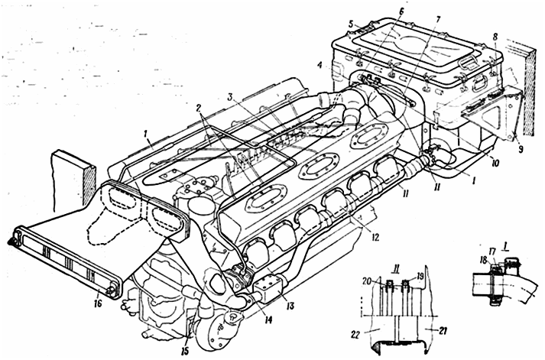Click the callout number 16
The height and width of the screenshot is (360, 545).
(97, 303)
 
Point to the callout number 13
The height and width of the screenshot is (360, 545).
(290, 306)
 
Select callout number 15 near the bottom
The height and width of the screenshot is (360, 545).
(185, 351)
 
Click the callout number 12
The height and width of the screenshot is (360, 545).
(374, 237)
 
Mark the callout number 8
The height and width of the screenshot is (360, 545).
(495, 36)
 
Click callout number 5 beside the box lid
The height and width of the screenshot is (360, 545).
(351, 24)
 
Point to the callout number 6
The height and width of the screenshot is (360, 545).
(401, 11)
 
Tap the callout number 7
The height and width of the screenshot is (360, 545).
(437, 19)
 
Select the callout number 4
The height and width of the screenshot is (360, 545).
(319, 65)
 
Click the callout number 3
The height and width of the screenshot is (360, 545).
(229, 97)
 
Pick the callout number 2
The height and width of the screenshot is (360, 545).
(199, 107)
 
